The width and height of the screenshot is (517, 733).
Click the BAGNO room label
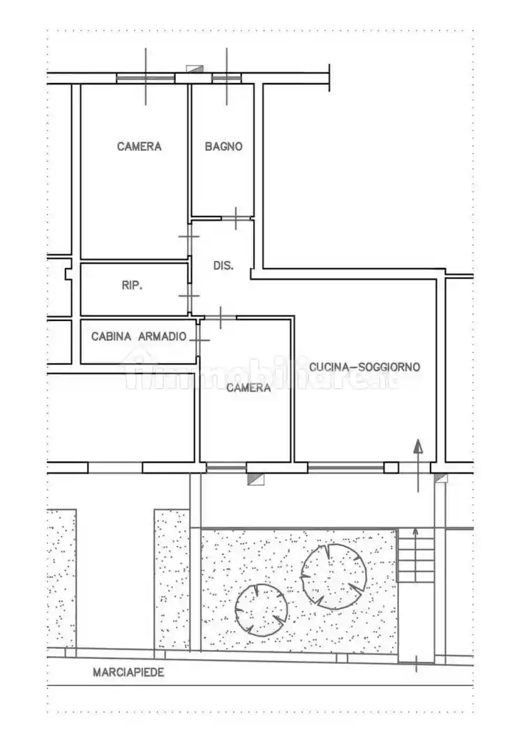pos(224,147)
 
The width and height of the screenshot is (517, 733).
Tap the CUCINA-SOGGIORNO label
pos(365,367)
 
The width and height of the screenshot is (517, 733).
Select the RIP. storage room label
pos(132,285)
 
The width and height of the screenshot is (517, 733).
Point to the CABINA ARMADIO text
pos(139,336)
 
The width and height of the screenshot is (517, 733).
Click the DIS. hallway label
pos(223,265)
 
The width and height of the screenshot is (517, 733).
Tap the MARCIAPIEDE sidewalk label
pos(128,672)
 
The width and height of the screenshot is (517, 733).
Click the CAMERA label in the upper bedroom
pos(139,147)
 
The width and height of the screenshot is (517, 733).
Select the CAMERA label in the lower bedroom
pos(248,387)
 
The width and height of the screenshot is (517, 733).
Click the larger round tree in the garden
pos(333,577)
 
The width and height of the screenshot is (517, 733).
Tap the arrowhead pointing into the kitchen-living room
pos(418,446)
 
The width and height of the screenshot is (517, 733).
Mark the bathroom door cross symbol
pos(236,218)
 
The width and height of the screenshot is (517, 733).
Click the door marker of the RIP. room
pos(189,296)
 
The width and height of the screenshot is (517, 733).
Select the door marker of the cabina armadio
pos(199,340)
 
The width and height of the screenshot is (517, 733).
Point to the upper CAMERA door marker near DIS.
pos(189,237)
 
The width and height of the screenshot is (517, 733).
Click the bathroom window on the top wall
pos(227,78)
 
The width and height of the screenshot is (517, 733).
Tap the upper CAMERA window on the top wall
pos(146,78)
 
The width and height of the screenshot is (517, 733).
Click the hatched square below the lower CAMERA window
pos(255,479)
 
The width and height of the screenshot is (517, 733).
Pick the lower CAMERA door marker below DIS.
pos(220,318)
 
